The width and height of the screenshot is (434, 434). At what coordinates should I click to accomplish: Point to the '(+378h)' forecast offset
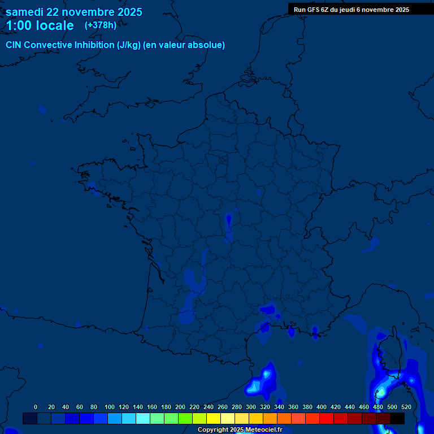(x=101, y=25)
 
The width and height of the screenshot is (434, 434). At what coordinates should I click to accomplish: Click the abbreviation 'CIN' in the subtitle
(x=14, y=45)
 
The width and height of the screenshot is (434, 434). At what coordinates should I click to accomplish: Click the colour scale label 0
(x=36, y=407)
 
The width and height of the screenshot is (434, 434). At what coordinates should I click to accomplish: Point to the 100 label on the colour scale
(x=110, y=407)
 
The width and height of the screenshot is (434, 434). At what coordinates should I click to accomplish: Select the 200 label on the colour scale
(x=180, y=407)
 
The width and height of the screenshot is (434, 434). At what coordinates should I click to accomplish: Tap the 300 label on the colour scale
(x=251, y=407)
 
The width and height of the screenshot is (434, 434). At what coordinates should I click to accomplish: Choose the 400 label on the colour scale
(x=322, y=407)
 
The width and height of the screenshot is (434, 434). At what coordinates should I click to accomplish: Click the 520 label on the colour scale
(x=406, y=407)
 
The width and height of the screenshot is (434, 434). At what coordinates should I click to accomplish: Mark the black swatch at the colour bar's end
(x=397, y=418)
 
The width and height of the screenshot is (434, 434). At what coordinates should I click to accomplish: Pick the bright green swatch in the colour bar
(x=185, y=418)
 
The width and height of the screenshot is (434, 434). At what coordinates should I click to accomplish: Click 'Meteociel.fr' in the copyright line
(x=263, y=430)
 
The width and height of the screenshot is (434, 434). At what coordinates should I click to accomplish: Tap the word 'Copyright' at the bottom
(x=213, y=430)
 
